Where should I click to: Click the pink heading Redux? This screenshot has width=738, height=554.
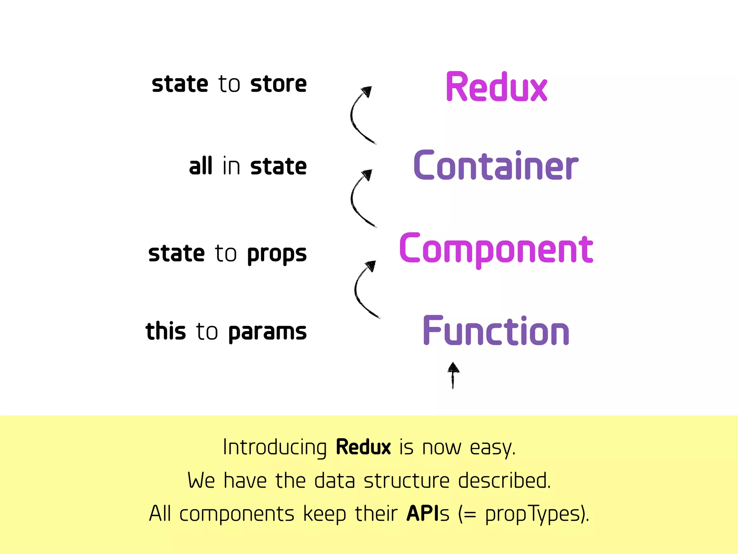[x=497, y=87]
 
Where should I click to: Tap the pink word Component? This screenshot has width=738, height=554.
[x=496, y=249]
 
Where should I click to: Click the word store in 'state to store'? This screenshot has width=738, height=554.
[x=278, y=84]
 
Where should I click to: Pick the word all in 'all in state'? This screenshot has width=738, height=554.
[x=200, y=166]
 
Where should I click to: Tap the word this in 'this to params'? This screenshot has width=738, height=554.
[x=166, y=331]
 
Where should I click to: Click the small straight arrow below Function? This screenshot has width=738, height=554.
[x=453, y=375]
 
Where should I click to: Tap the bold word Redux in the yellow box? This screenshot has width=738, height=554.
[x=363, y=447]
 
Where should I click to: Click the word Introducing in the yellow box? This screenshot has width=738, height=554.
[x=275, y=448]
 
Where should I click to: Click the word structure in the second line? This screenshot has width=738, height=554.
[x=406, y=481]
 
